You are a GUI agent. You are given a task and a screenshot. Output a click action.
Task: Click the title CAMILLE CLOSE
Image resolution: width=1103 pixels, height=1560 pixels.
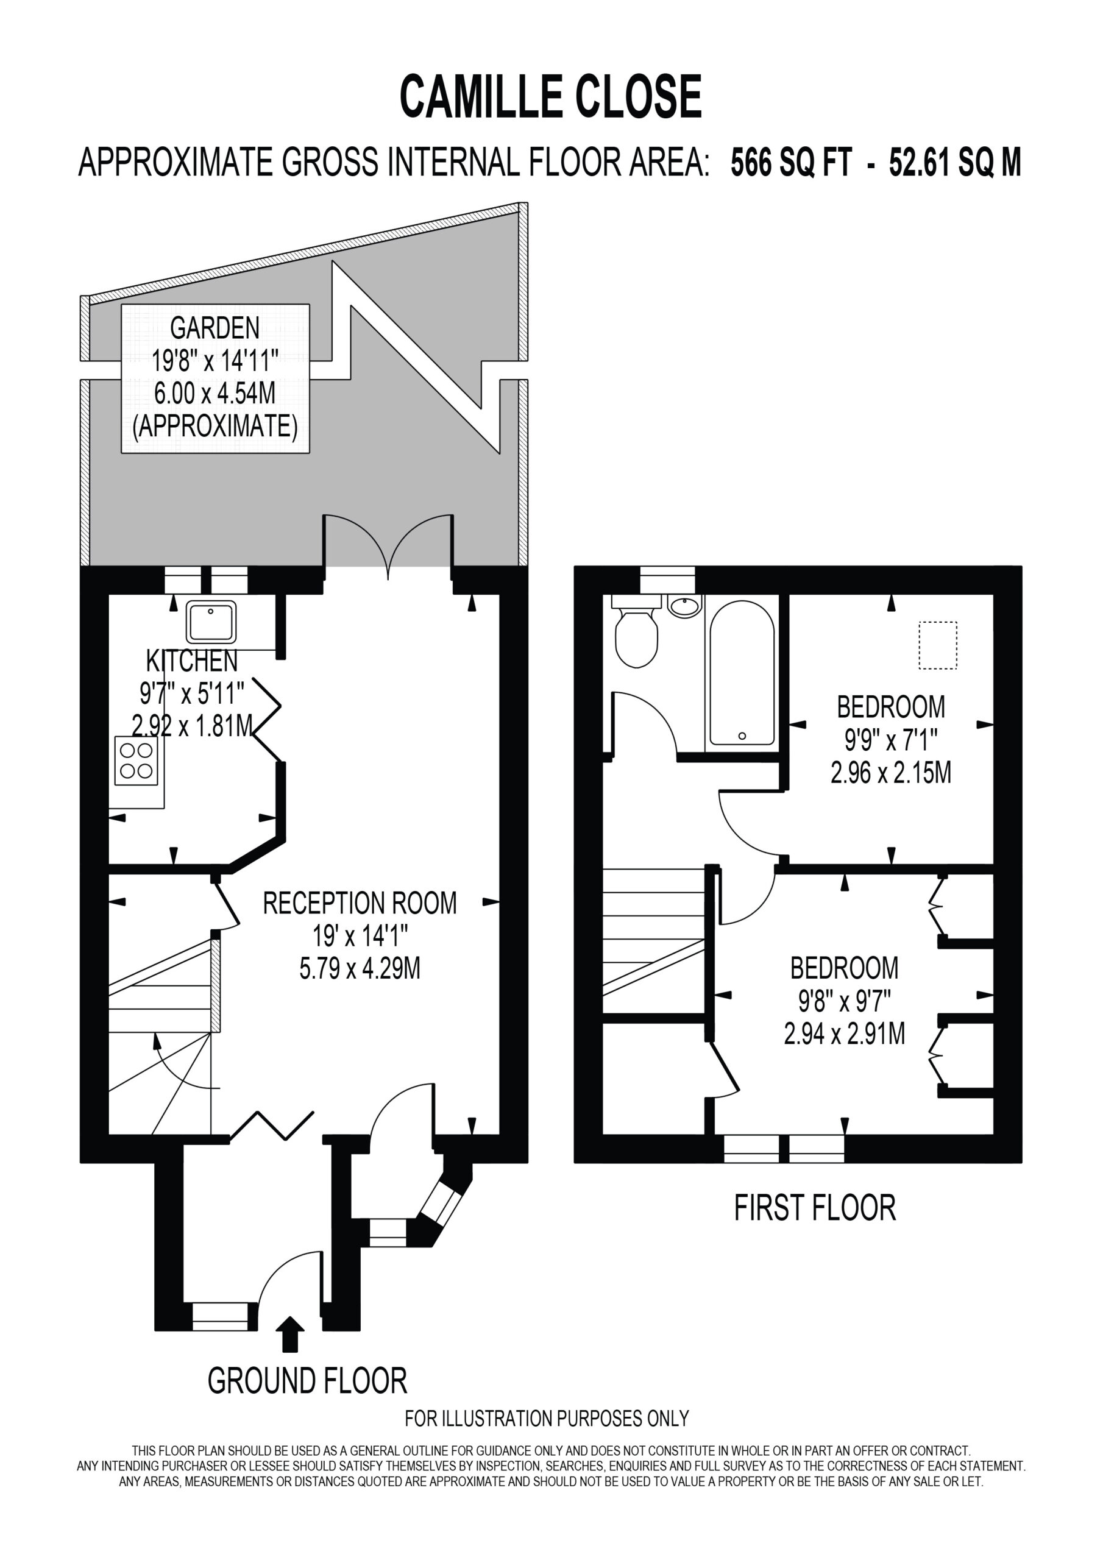coord(550,96)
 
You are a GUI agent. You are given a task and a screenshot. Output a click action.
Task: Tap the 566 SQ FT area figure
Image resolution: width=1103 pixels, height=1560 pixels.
coord(791,163)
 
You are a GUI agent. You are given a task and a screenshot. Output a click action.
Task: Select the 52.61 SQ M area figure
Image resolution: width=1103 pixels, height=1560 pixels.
coord(955,163)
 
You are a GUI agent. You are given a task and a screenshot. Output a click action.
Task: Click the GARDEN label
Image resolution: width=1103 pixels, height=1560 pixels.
coord(215,328)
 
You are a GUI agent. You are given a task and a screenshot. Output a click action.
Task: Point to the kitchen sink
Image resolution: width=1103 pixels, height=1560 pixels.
coord(212,622)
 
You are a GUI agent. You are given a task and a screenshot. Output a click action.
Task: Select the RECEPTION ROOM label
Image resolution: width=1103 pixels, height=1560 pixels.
coord(360,903)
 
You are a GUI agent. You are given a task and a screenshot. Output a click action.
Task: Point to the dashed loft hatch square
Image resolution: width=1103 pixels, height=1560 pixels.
coord(938,645)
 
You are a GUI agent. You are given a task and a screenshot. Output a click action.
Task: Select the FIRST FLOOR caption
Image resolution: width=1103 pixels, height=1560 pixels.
coord(815,1208)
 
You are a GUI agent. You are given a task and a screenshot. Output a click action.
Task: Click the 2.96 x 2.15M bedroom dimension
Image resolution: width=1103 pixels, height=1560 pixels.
coord(890,773)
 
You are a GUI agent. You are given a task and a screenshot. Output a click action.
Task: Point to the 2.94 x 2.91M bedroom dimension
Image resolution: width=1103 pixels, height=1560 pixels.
coord(844,1033)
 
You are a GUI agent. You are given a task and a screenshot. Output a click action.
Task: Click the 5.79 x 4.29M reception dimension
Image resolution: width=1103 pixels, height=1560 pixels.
coord(360,968)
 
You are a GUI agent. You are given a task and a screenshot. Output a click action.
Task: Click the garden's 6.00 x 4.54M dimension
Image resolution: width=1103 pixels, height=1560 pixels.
coord(215,394)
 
